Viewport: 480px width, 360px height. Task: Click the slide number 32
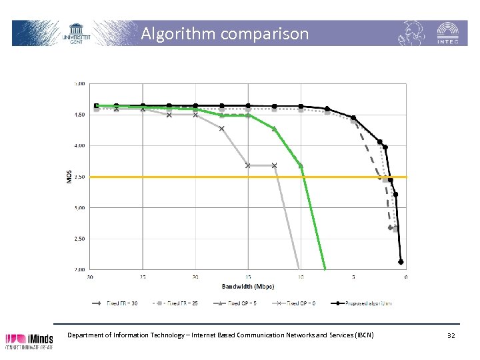451,335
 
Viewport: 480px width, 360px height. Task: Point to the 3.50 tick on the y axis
79,177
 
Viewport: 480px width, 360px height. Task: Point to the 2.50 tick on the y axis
79,239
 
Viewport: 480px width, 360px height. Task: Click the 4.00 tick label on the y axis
79,145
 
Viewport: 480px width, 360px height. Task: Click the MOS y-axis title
69,177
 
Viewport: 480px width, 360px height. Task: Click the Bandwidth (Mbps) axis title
248,287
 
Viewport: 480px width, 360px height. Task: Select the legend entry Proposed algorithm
363,303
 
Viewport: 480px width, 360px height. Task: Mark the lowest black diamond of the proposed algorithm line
401,262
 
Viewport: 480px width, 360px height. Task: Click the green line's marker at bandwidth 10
301,165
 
